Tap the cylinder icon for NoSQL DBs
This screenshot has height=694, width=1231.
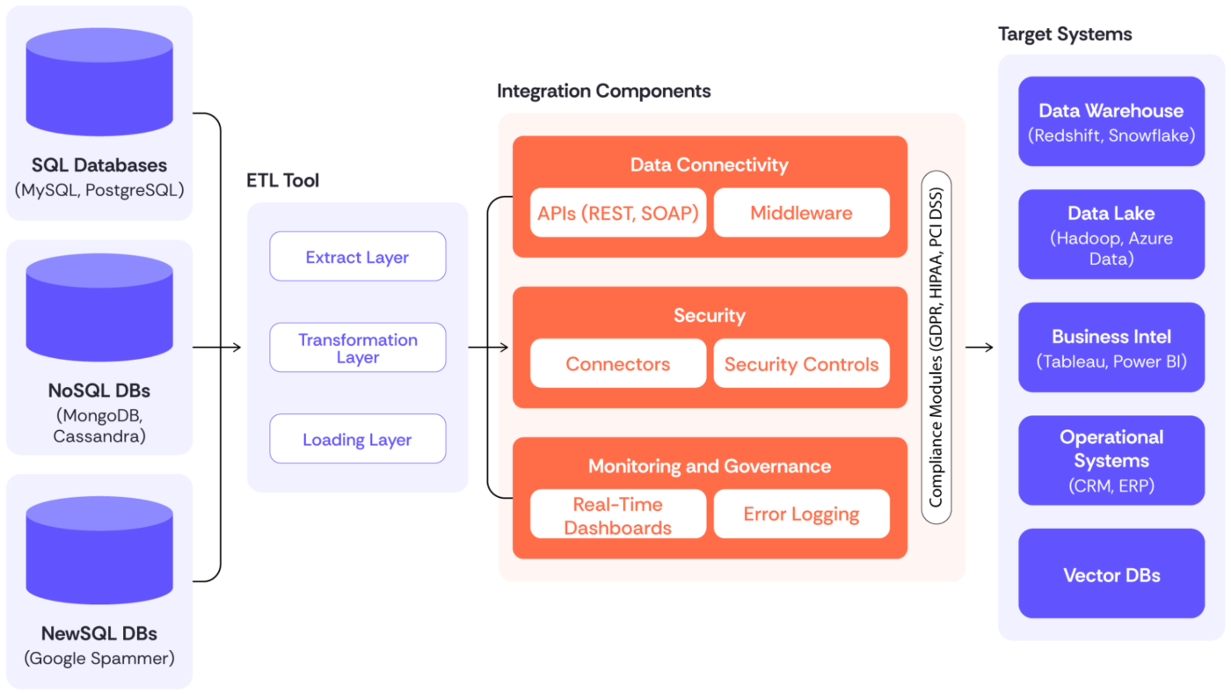click(99, 312)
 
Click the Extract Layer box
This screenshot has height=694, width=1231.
click(357, 257)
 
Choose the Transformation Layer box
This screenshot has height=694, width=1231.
click(357, 348)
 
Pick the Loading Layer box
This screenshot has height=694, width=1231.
click(357, 440)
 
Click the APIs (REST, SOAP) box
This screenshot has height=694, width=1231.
click(618, 213)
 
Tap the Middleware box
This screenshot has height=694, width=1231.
click(801, 213)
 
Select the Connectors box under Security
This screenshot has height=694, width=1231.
click(618, 364)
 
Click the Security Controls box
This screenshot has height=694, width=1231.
click(801, 364)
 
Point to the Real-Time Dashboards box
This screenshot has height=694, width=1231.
click(618, 515)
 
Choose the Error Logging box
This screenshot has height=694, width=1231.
click(801, 515)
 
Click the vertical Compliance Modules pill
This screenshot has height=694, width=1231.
click(936, 347)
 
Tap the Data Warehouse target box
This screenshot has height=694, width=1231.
click(1111, 121)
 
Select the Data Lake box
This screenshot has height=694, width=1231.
click(1111, 235)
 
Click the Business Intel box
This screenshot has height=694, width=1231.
click(1111, 347)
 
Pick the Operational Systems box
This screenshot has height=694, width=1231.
click(1111, 460)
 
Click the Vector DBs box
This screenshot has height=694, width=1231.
click(1111, 574)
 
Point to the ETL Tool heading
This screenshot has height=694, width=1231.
click(282, 181)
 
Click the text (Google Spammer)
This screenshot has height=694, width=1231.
click(99, 658)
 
